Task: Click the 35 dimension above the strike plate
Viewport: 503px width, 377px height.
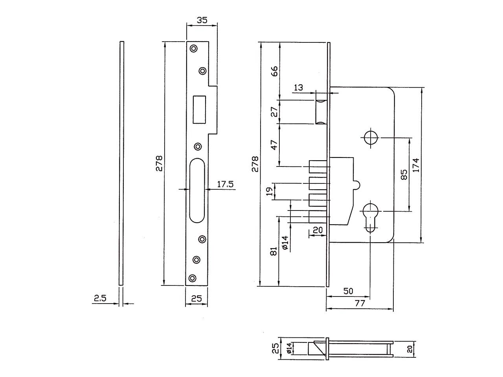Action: tap(202, 20)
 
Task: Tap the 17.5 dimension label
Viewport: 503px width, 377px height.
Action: tap(225, 184)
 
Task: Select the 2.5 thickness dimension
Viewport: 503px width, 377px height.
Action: tap(100, 298)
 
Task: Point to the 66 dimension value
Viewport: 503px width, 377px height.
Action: tap(274, 71)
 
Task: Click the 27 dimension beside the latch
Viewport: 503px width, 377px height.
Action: tap(274, 112)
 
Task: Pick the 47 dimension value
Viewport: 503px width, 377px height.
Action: tap(274, 145)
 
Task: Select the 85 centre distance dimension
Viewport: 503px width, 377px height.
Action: tap(404, 174)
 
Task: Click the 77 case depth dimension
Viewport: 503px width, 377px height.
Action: tap(360, 303)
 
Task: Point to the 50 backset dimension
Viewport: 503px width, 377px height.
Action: tap(348, 291)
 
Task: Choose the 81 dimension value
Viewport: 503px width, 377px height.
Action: tap(274, 251)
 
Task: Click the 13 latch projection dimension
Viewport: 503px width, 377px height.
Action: tap(298, 88)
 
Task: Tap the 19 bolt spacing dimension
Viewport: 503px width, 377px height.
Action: tap(270, 191)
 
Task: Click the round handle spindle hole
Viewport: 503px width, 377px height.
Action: tap(371, 138)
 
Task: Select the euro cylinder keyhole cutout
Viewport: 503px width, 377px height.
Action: tap(370, 217)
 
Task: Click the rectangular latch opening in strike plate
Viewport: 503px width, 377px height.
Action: tap(199, 110)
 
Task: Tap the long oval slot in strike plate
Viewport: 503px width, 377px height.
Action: tap(197, 190)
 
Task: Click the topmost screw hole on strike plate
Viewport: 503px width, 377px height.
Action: tap(194, 49)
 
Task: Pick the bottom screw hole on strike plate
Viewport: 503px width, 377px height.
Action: tap(192, 278)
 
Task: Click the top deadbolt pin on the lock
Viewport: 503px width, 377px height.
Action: tap(318, 167)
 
